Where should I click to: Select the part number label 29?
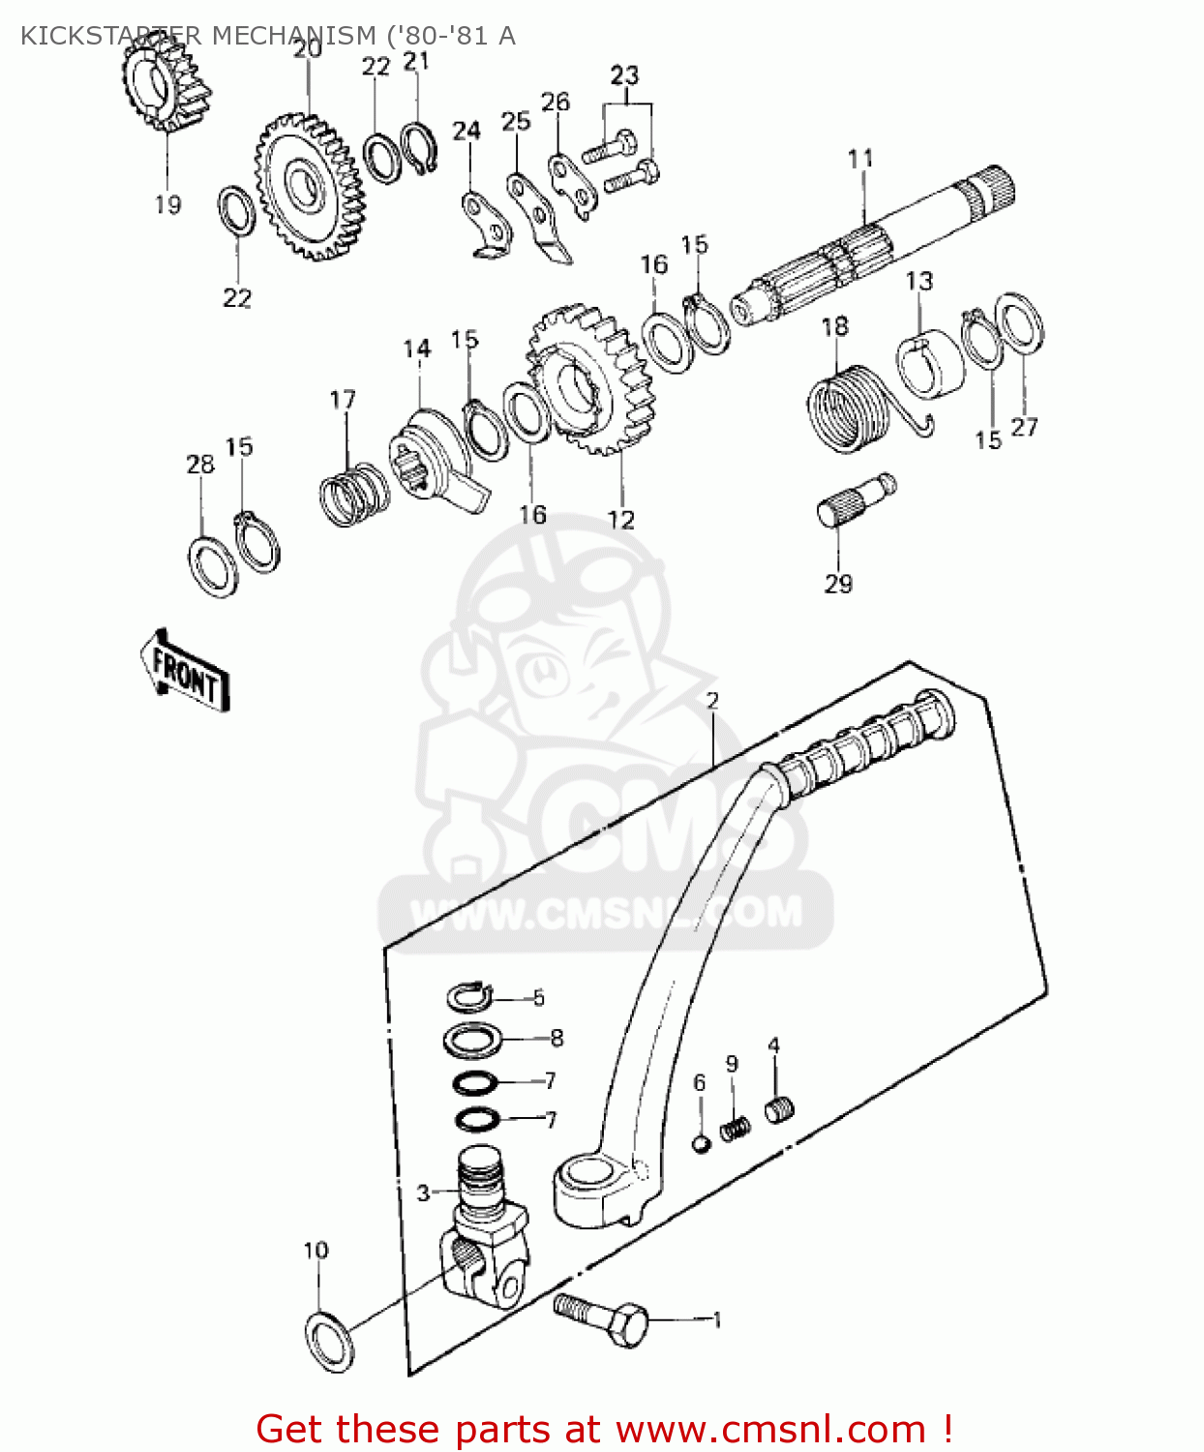(838, 584)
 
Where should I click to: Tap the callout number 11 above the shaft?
(860, 159)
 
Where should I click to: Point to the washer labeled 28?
(212, 564)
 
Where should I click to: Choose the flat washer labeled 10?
(330, 1341)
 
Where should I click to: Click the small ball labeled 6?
(702, 1143)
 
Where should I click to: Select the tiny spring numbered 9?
(736, 1127)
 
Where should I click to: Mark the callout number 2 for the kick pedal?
(712, 700)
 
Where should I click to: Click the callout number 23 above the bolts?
(625, 75)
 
